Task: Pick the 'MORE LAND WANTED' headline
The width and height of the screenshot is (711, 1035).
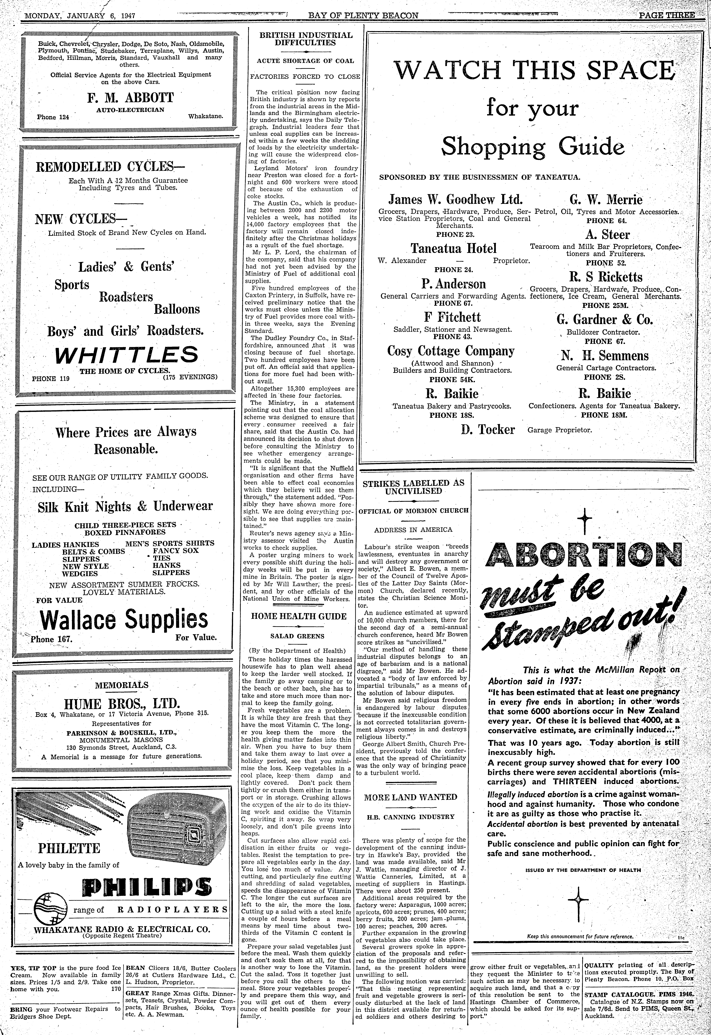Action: tap(411, 797)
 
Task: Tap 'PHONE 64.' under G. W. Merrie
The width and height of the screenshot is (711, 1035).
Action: tap(606, 220)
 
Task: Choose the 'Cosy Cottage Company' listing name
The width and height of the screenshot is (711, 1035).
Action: tap(451, 351)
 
